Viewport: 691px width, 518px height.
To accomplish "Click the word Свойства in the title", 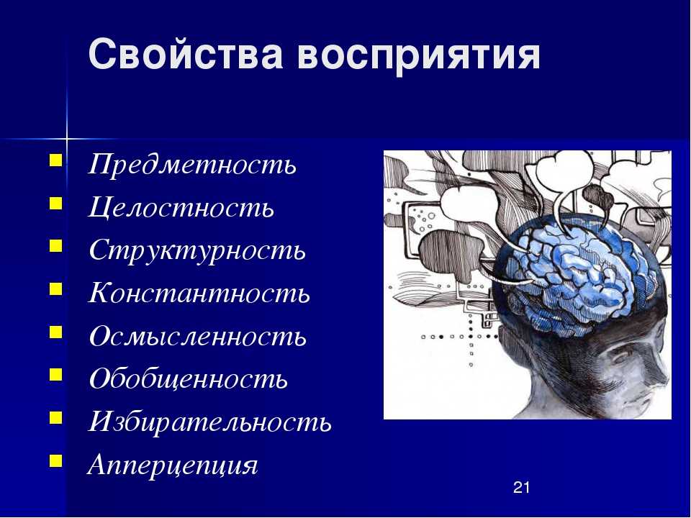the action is (x=186, y=54).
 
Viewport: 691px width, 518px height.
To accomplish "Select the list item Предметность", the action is (x=192, y=164).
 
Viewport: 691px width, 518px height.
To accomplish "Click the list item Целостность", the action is (x=181, y=206).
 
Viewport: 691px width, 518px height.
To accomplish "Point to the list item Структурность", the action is (x=197, y=251).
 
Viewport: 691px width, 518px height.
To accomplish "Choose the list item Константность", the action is (x=199, y=292).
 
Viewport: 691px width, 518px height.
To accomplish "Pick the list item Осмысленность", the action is (x=197, y=336).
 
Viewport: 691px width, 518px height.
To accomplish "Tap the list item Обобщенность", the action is (x=188, y=378).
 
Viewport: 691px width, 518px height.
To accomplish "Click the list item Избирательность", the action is (x=209, y=421).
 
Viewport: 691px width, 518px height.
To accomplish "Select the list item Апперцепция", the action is (x=173, y=465).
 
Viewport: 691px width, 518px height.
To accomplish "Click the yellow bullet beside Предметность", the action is (x=56, y=160).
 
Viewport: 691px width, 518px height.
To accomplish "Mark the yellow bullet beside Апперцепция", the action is (x=56, y=460).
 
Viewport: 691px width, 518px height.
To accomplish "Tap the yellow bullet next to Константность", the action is (x=56, y=288).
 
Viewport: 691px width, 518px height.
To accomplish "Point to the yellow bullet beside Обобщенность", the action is (x=56, y=374).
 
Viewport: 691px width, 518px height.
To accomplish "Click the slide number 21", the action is (x=521, y=487).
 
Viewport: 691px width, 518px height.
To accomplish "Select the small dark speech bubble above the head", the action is (x=597, y=199).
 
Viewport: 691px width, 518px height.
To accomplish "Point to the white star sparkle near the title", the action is (x=67, y=139).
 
